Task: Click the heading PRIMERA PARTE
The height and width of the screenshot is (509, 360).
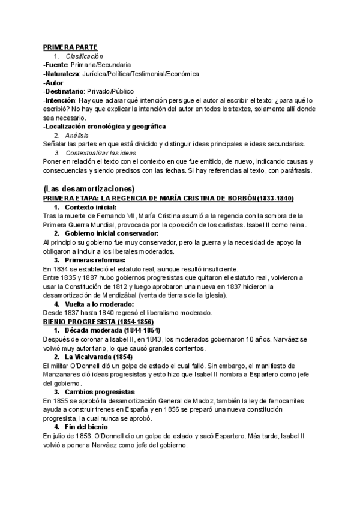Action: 70,47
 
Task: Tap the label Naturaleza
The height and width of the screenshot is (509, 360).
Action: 62,74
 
